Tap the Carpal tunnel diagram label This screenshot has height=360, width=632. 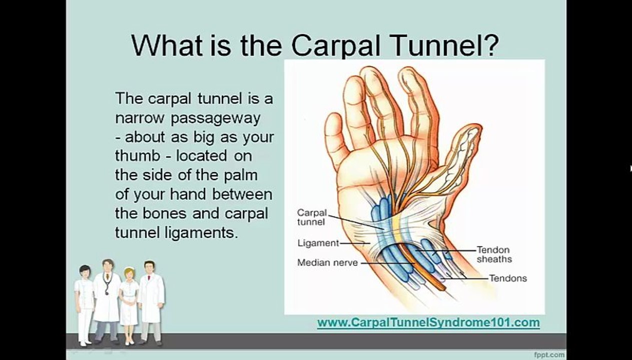pos(311,217)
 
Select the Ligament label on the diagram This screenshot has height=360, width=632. pos(318,243)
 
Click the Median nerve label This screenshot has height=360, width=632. pos(327,262)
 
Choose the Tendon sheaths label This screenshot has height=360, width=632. pos(493,254)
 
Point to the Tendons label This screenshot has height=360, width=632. pos(507,278)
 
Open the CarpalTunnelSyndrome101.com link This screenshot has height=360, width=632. pos(428,322)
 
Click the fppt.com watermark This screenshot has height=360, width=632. pos(548,354)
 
